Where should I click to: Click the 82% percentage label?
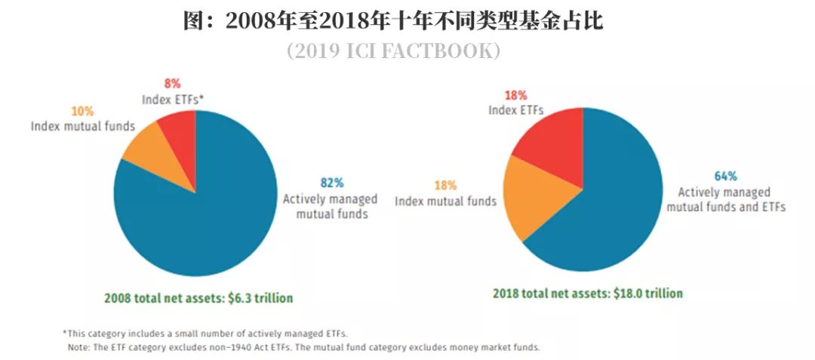(331, 183)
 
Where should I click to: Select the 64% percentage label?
(725, 176)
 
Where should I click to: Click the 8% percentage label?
(172, 83)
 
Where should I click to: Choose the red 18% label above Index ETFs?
(515, 95)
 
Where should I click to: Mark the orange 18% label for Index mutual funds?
(445, 186)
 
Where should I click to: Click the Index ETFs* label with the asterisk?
(172, 99)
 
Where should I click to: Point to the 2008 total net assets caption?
(198, 297)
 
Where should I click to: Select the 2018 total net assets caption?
(588, 294)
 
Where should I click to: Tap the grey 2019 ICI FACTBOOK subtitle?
(393, 51)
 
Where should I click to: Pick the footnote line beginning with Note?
(303, 348)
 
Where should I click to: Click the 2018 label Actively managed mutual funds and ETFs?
(725, 199)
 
